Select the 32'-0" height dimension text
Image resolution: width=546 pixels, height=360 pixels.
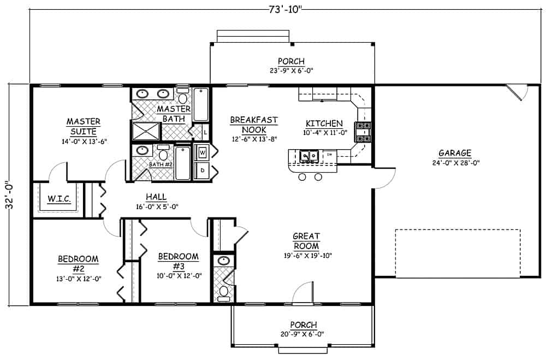point(11,194)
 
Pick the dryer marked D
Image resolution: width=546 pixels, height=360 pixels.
point(202,170)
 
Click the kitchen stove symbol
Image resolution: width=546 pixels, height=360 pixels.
point(363,131)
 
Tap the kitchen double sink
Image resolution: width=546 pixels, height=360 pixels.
point(310,157)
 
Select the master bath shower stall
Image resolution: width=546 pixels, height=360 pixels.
point(146,132)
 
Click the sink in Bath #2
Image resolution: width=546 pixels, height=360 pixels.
point(142,151)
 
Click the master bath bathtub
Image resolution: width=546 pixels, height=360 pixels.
point(201,105)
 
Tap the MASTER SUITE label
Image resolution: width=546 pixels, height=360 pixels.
point(83,126)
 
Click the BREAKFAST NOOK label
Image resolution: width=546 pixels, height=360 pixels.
point(253,125)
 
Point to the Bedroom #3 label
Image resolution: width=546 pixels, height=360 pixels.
point(177,261)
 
